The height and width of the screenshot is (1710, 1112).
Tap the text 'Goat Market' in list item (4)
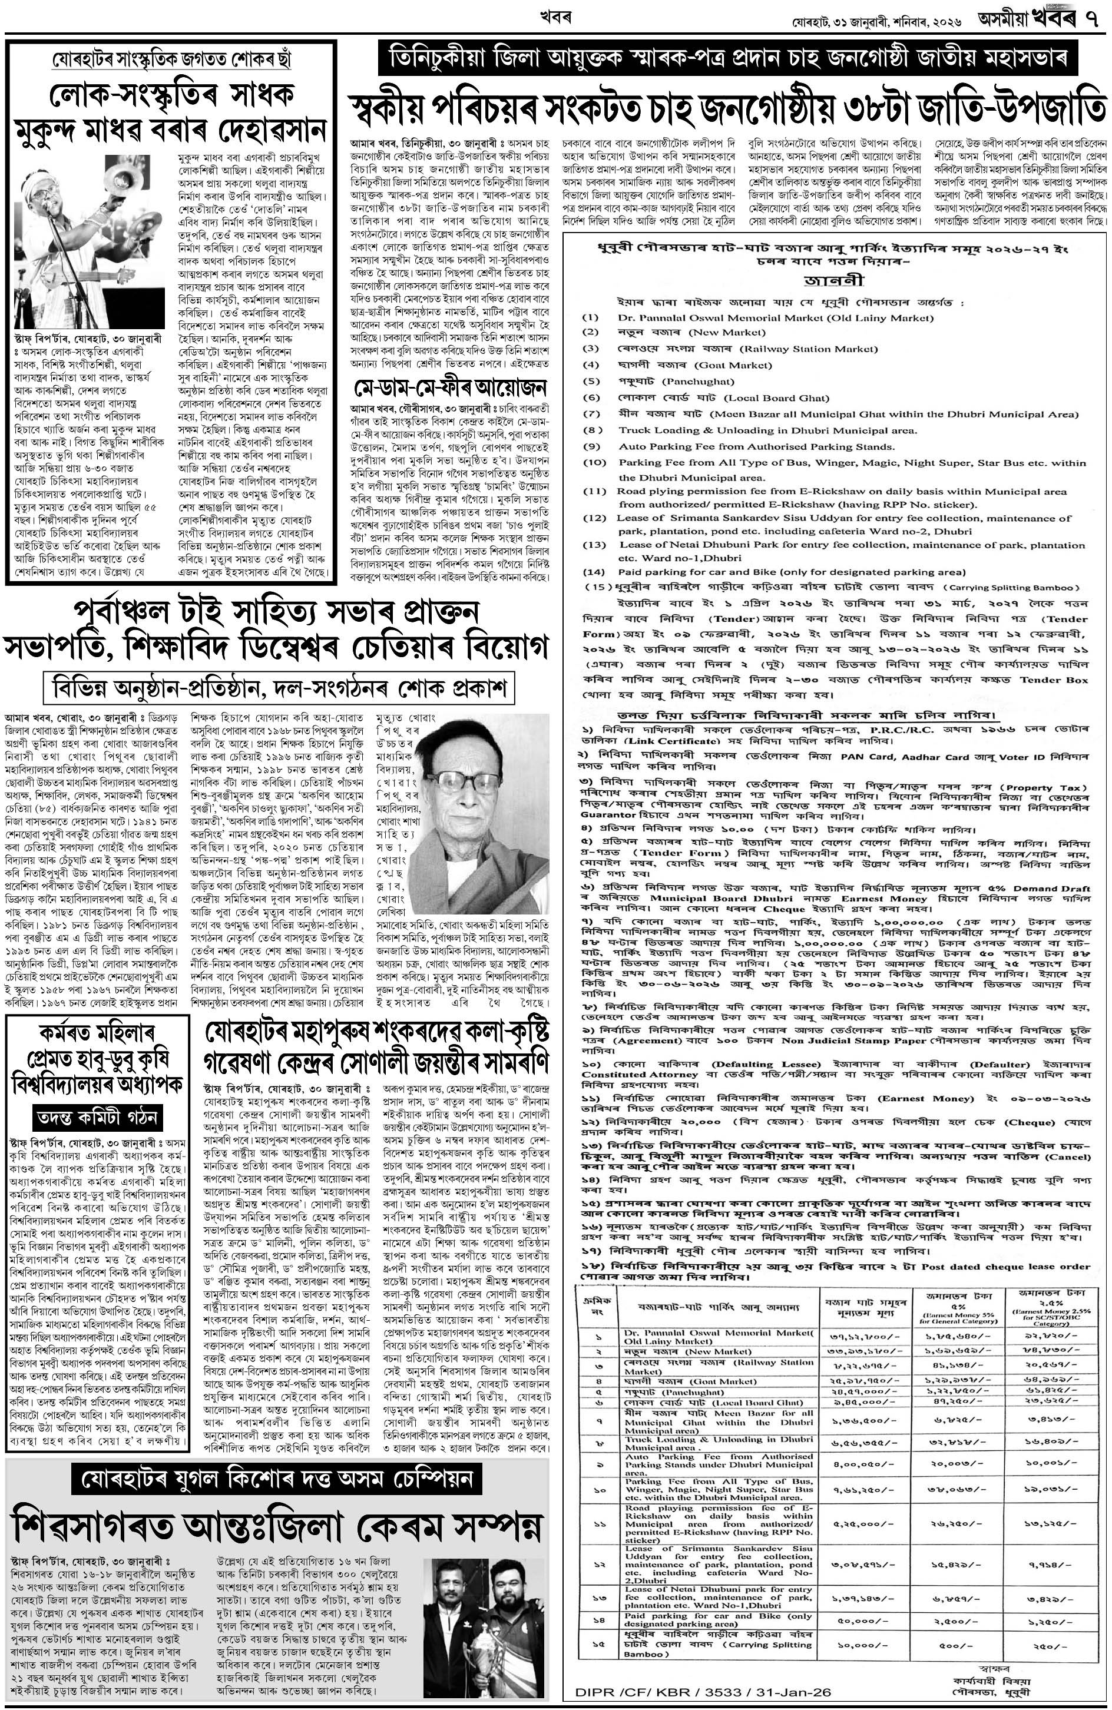[x=730, y=365]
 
